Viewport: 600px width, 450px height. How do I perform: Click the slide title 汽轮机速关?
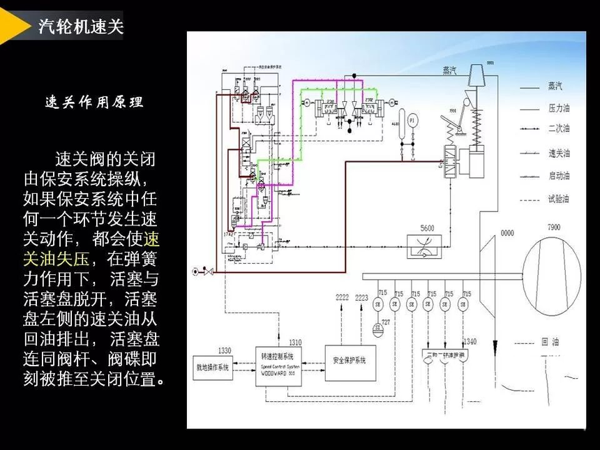pyautogui.click(x=80, y=27)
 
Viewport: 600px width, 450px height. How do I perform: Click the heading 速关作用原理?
pyautogui.click(x=93, y=102)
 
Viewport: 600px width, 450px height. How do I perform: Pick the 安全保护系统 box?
pyautogui.click(x=350, y=361)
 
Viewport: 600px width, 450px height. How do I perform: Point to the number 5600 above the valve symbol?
pyautogui.click(x=427, y=228)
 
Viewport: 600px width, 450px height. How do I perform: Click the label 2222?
pyautogui.click(x=343, y=297)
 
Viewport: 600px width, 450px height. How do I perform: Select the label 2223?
pyautogui.click(x=361, y=297)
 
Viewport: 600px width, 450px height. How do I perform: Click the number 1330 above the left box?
pyautogui.click(x=224, y=350)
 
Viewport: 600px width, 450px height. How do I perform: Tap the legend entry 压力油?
pyautogui.click(x=559, y=109)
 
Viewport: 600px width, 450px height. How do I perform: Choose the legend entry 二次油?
pyautogui.click(x=559, y=130)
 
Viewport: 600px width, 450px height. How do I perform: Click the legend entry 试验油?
pyautogui.click(x=559, y=200)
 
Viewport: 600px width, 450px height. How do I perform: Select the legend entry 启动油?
pyautogui.click(x=559, y=176)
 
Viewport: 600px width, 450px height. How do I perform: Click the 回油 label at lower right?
pyautogui.click(x=550, y=343)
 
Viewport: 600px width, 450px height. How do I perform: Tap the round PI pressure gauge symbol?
pyautogui.click(x=412, y=121)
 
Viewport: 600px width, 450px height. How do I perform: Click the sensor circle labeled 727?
pyautogui.click(x=377, y=326)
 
